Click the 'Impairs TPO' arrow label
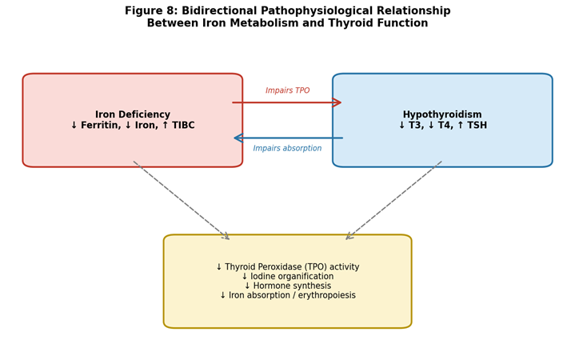tap(288, 90)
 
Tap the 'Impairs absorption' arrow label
tap(287, 148)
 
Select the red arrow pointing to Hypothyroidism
tap(287, 102)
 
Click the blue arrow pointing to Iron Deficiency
tap(289, 138)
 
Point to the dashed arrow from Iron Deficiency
tap(182, 200)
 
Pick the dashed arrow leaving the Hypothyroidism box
tap(393, 200)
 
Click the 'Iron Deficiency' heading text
tap(133, 114)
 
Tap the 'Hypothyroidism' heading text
tap(442, 114)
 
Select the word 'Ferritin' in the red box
tap(101, 125)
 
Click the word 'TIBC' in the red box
tap(183, 125)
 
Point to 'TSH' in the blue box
tap(477, 125)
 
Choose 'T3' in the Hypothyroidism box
tap(414, 125)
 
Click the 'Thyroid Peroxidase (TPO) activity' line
tap(288, 266)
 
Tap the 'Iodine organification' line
tap(288, 276)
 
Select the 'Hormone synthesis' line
tap(288, 286)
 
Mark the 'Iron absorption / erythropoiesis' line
tap(288, 295)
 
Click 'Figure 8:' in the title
tap(151, 11)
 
